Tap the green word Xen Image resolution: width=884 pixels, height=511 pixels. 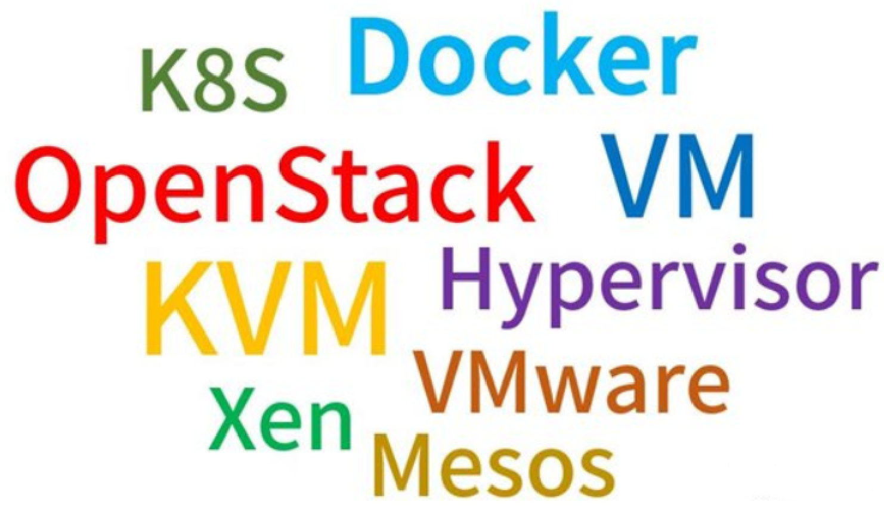click(x=280, y=420)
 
